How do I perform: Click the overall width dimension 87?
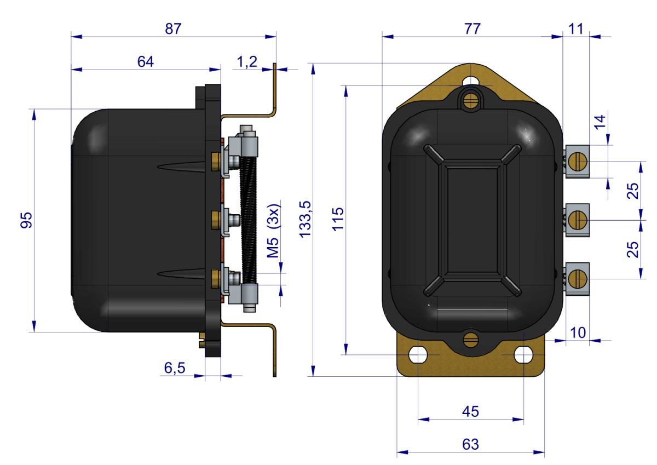173,29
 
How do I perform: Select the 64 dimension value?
145,62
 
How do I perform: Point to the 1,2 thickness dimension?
247,62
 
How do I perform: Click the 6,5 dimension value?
175,368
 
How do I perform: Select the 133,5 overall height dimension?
305,219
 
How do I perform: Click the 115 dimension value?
337,219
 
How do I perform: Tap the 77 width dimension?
471,29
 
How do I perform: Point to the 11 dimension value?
575,29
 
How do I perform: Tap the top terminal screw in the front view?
576,162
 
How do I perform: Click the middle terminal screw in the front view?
576,220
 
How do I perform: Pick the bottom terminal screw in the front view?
576,278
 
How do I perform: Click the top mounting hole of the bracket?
470,81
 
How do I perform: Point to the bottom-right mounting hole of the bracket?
523,355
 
